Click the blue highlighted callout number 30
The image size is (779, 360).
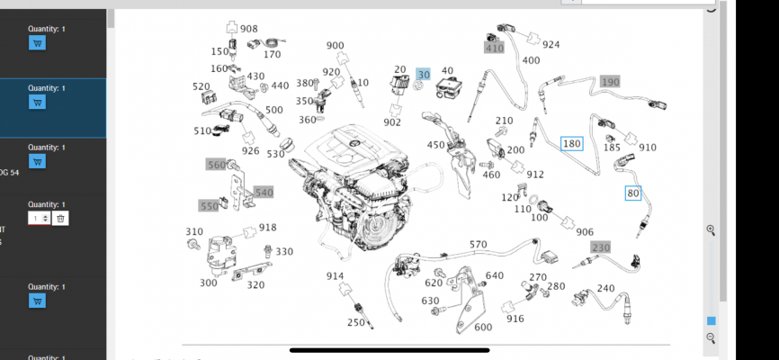423,74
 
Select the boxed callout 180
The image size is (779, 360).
571,143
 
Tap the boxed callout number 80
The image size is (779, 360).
633,193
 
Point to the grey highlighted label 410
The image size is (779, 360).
494,48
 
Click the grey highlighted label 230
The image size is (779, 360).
600,247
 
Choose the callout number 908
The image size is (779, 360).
248,29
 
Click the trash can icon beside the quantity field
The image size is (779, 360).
60,218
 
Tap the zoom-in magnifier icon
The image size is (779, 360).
711,230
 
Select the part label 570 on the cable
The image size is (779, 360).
478,245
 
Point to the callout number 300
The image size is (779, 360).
208,283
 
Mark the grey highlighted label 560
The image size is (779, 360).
217,165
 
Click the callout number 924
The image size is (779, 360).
551,44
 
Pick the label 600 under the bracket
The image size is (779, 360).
483,327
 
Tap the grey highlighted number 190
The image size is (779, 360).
610,82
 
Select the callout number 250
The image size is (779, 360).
356,322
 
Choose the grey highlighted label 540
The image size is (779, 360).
263,193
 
